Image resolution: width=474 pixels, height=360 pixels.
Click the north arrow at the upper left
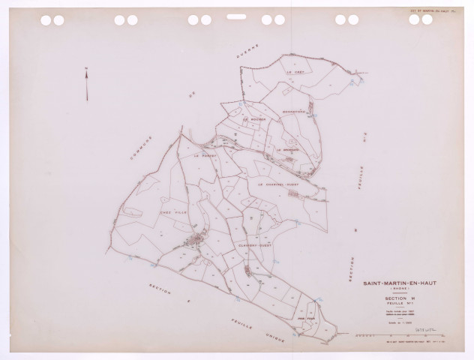coord(86,84)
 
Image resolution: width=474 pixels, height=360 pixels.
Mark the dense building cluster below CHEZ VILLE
coord(196,240)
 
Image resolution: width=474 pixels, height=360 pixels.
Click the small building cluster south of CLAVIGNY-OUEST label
coord(247,268)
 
